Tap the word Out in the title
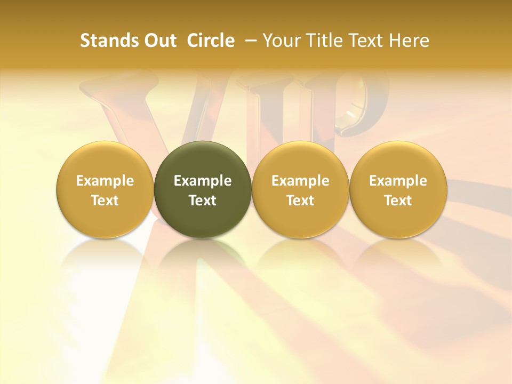(x=159, y=41)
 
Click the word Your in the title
(x=281, y=41)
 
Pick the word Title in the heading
(x=320, y=41)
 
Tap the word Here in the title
(x=407, y=41)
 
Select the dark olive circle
(x=203, y=160)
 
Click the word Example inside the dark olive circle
(x=203, y=181)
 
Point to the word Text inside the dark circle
(x=203, y=201)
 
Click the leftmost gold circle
(x=105, y=160)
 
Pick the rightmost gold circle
(x=398, y=160)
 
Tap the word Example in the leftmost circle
(x=105, y=181)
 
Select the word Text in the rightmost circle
(x=398, y=201)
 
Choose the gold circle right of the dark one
(x=300, y=160)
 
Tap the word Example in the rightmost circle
(x=398, y=181)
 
